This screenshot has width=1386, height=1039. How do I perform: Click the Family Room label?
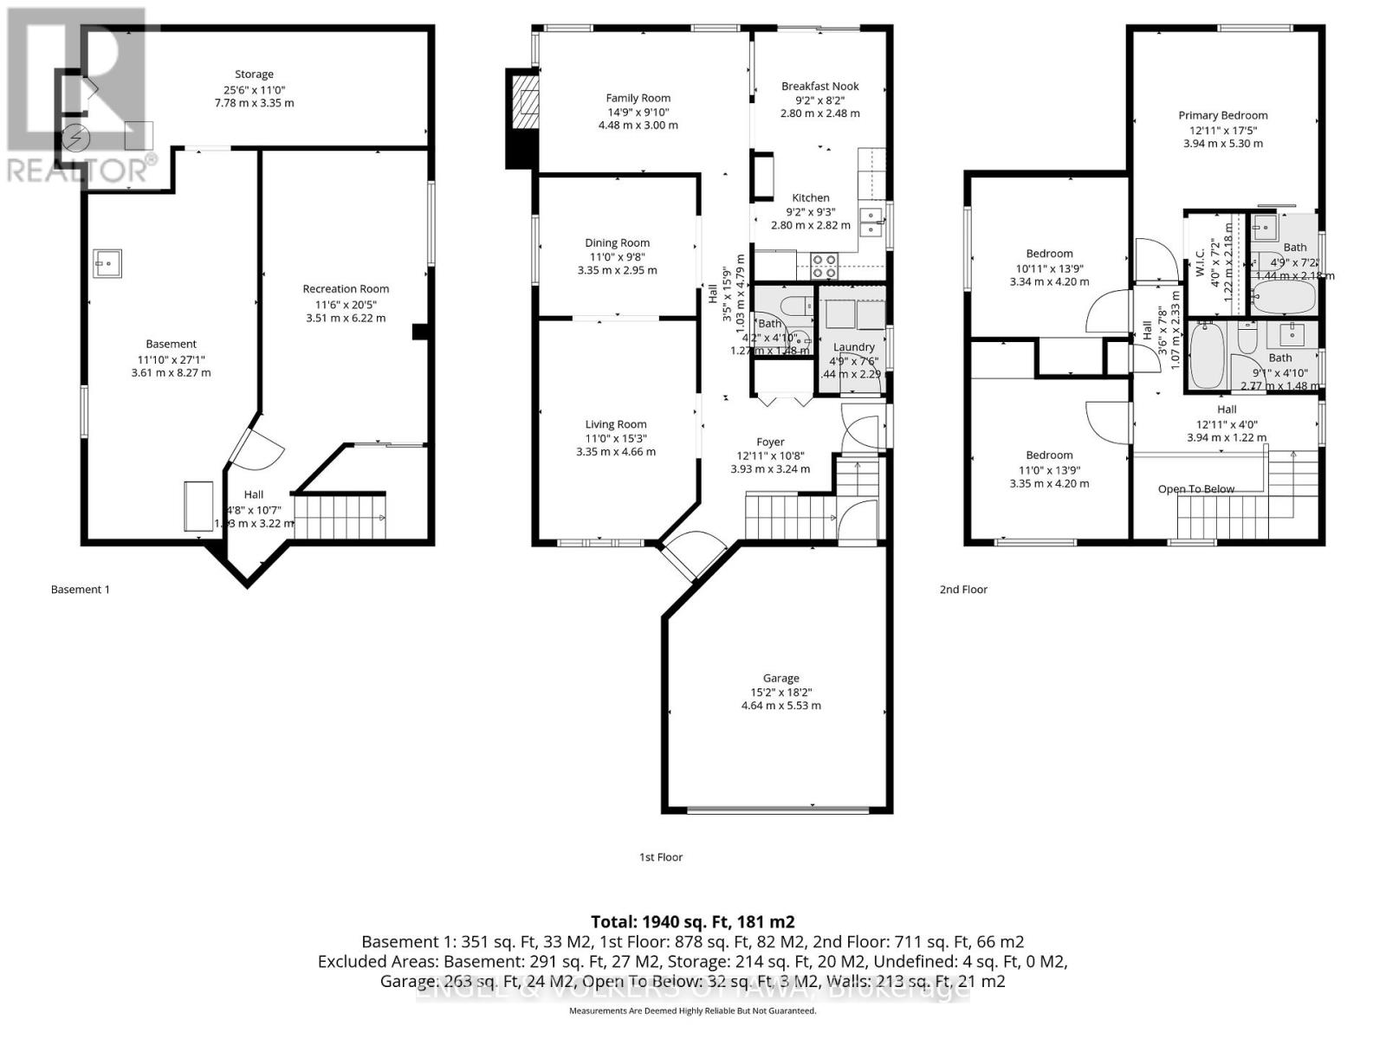(638, 98)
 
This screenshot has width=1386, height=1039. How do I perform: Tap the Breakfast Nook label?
(819, 86)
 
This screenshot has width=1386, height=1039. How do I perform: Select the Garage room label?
(780, 678)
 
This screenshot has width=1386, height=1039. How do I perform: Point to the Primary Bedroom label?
(1222, 115)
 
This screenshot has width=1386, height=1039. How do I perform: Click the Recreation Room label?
(346, 288)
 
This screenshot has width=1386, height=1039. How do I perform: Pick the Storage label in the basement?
(254, 74)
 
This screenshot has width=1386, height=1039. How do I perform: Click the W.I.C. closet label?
(1200, 255)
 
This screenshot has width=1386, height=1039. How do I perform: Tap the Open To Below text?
(1196, 489)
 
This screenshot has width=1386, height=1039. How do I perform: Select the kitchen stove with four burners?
(824, 265)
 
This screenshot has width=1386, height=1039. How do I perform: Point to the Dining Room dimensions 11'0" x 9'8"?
(617, 256)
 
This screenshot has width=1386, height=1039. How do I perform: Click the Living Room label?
(616, 424)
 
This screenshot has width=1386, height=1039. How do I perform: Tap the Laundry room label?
(853, 347)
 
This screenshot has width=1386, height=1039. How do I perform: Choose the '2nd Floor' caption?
(963, 590)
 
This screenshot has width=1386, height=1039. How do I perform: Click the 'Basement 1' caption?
(81, 590)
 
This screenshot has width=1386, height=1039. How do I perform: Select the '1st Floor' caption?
(661, 857)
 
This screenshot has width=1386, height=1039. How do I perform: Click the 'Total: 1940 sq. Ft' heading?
(692, 922)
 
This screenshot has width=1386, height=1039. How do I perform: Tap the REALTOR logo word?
(81, 169)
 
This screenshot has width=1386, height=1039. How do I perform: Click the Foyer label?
(770, 442)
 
